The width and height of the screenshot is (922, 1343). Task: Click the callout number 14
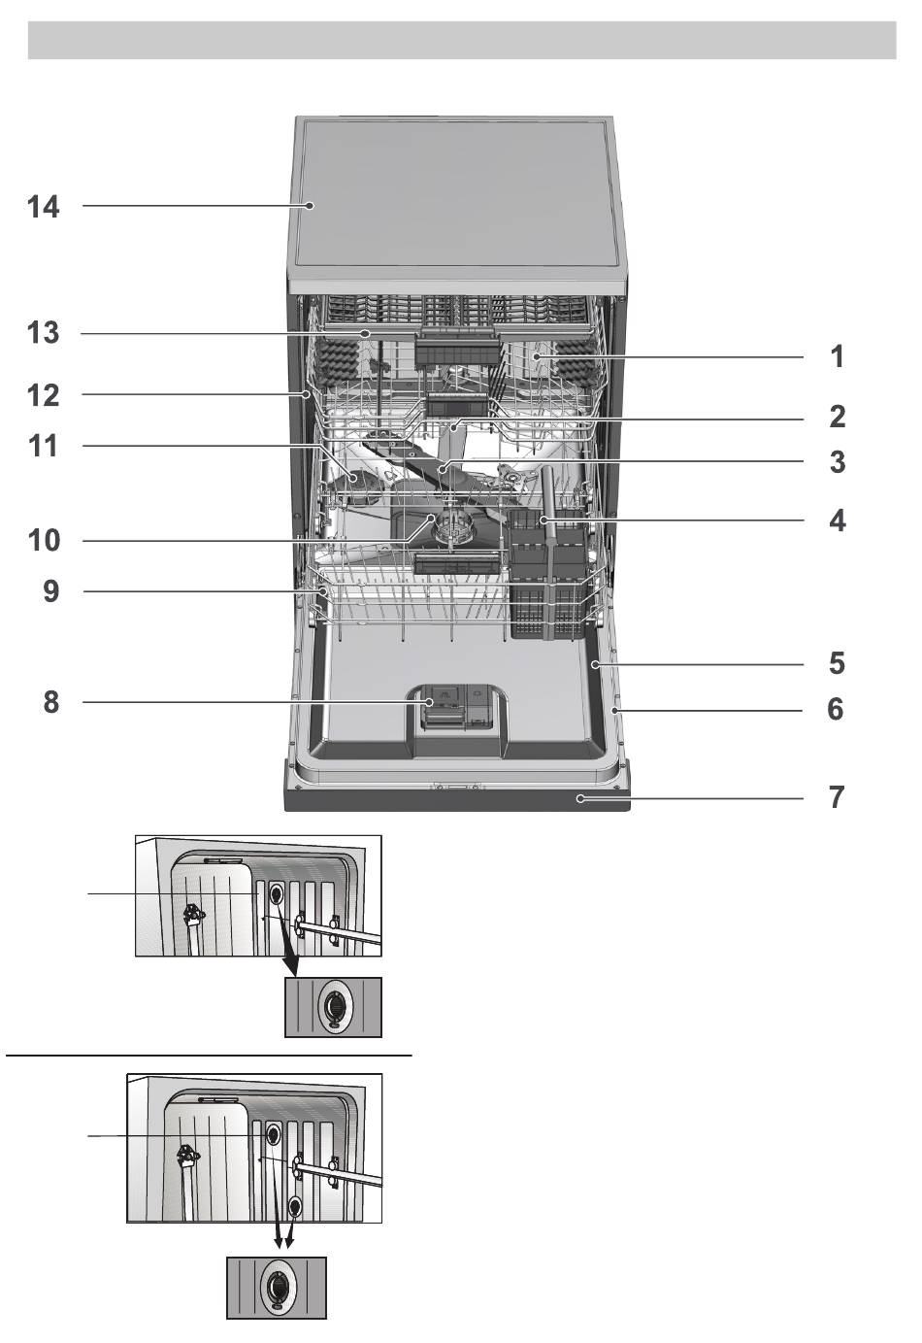[44, 207]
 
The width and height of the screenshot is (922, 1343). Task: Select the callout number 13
[44, 333]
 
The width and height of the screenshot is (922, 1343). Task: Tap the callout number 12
[44, 395]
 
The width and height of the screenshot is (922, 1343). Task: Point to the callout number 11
[44, 447]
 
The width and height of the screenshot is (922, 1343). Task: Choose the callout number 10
[44, 540]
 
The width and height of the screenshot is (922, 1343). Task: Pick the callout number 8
[50, 701]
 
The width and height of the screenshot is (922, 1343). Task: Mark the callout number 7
[836, 798]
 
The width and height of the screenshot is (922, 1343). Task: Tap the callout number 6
[836, 710]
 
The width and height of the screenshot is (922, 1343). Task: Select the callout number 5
[836, 664]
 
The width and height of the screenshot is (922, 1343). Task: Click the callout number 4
[836, 521]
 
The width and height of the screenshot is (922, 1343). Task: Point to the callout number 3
[836, 462]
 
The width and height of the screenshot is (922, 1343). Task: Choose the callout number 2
[836, 418]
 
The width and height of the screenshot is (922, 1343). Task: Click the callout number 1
[836, 357]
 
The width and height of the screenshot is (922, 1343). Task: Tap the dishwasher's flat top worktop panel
[456, 194]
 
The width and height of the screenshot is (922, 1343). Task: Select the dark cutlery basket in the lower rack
[547, 583]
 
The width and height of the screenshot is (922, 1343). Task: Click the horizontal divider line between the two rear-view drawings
[209, 1054]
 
